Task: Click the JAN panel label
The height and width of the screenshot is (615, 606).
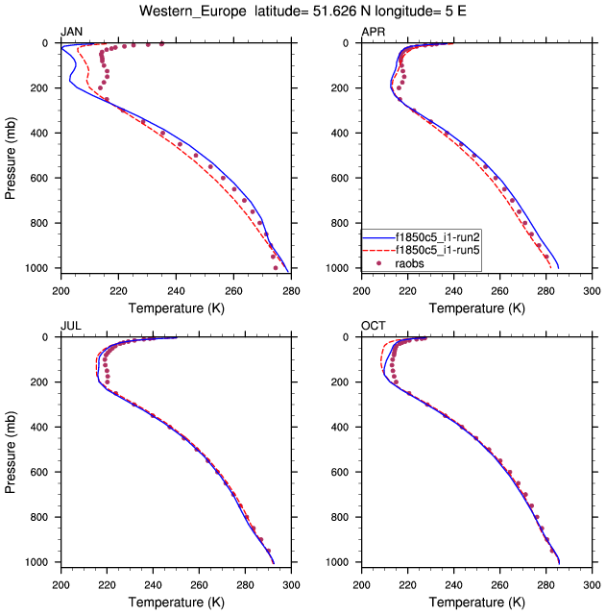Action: (72, 32)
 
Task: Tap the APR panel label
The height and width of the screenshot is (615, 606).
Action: (373, 32)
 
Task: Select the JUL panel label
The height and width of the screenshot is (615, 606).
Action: (71, 326)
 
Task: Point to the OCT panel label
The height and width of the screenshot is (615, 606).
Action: (374, 326)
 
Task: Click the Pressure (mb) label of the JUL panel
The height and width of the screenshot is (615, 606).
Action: (12, 449)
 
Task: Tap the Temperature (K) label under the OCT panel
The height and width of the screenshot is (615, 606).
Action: (476, 602)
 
